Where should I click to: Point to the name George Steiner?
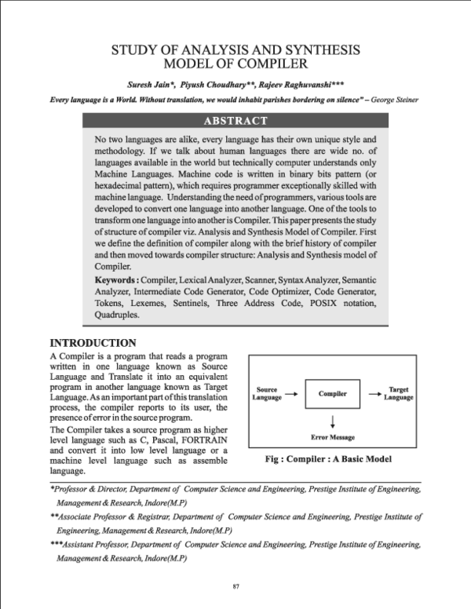click(x=396, y=100)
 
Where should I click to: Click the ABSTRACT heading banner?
click(x=235, y=121)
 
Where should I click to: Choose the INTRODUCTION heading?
click(x=93, y=343)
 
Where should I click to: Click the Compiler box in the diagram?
click(x=333, y=393)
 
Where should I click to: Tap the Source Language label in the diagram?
click(x=267, y=393)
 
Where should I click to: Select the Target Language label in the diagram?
click(x=399, y=393)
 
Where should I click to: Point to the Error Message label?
click(x=333, y=436)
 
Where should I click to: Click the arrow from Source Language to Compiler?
click(x=290, y=393)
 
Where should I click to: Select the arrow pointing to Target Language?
click(x=374, y=393)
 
